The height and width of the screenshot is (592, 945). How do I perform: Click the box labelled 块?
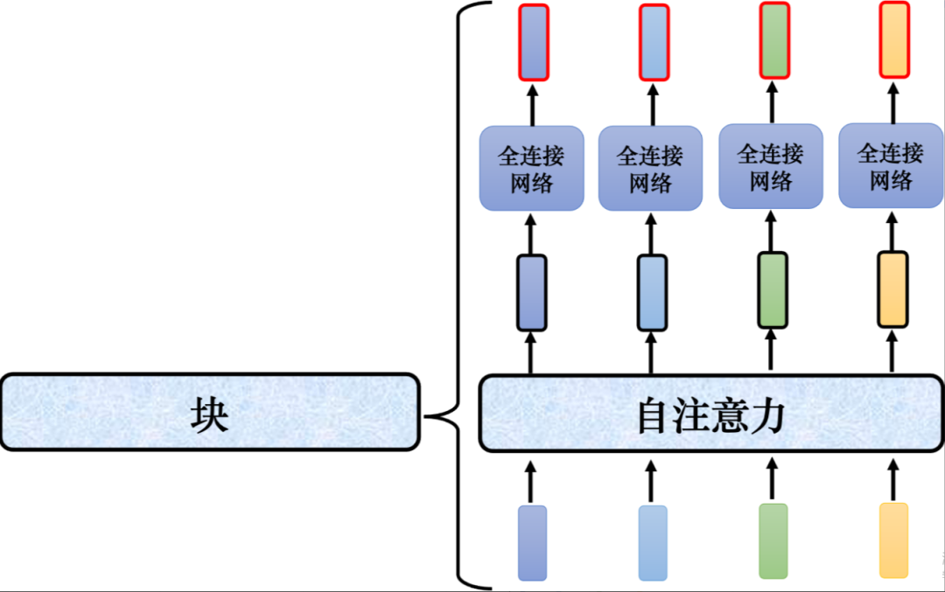[x=209, y=413]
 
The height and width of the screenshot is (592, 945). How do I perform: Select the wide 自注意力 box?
[x=710, y=414]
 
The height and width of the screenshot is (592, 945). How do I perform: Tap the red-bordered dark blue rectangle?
[x=533, y=42]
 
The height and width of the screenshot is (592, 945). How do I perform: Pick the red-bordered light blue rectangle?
[x=653, y=42]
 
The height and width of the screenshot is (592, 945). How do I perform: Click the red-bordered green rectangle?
[x=773, y=40]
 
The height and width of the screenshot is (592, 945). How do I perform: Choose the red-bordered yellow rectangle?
[x=892, y=40]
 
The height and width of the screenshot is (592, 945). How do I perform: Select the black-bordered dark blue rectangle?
[x=532, y=292]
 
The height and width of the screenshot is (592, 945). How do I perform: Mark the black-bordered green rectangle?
[x=772, y=289]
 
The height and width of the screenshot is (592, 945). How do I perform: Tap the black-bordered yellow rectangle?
[x=892, y=289]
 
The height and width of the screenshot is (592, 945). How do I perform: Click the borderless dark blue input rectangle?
[x=532, y=542]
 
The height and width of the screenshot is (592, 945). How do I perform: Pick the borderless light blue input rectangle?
[x=652, y=542]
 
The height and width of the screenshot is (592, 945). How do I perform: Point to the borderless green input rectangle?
[x=773, y=540]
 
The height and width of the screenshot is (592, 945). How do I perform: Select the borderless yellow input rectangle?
[x=893, y=540]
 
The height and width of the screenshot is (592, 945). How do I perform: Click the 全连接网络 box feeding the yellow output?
[x=891, y=166]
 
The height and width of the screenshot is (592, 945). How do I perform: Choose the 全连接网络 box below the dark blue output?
[x=532, y=168]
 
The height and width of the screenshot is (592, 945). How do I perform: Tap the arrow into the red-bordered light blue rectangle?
[x=652, y=103]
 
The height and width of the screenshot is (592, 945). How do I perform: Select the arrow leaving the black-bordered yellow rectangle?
[x=892, y=231]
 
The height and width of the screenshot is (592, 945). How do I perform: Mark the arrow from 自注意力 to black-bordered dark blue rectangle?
[x=531, y=353]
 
